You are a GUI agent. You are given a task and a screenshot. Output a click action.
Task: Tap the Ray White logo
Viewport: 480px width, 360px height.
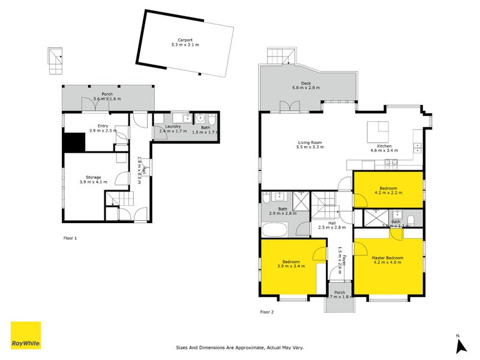[x=26, y=335]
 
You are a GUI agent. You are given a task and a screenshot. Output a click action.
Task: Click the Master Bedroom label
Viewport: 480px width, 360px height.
[x=388, y=257]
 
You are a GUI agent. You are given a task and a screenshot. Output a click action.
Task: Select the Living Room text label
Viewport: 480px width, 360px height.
[x=311, y=143]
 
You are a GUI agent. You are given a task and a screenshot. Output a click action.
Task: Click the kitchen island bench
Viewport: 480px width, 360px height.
[x=378, y=130]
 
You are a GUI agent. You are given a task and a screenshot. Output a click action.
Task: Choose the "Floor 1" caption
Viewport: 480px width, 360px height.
[x=70, y=238]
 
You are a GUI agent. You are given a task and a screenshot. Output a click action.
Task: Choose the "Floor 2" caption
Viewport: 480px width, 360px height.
[x=266, y=311]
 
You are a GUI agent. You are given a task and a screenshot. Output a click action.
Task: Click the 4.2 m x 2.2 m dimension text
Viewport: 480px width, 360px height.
[x=388, y=193]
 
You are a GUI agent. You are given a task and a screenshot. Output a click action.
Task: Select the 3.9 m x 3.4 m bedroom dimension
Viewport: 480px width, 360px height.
[x=292, y=266]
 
